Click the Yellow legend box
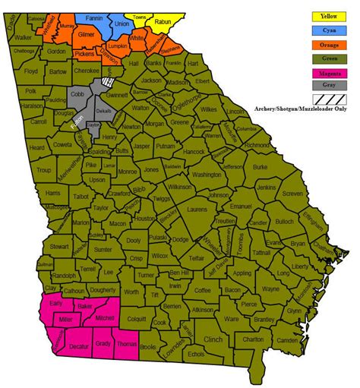(x=328, y=15)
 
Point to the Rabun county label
(x=162, y=22)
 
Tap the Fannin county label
(x=93, y=17)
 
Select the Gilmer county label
(x=87, y=36)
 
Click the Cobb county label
(x=78, y=93)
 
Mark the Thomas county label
(x=126, y=345)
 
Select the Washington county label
(x=206, y=175)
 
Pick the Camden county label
(x=287, y=341)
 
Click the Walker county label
(x=24, y=36)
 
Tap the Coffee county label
(x=202, y=290)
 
